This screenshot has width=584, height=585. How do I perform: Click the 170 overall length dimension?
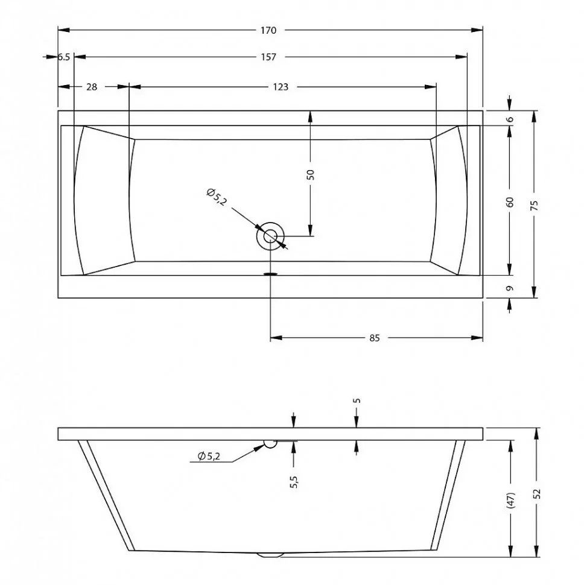268,30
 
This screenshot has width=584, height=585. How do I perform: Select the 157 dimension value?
268,57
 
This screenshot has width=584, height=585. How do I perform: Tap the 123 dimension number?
281,87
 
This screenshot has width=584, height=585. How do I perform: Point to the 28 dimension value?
92,87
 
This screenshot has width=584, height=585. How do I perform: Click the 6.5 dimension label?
64,57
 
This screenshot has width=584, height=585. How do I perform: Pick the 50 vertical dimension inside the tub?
311,175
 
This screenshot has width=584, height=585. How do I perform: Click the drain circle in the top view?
270,236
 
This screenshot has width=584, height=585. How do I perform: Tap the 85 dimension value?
374,338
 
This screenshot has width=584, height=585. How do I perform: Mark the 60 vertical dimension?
510,202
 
